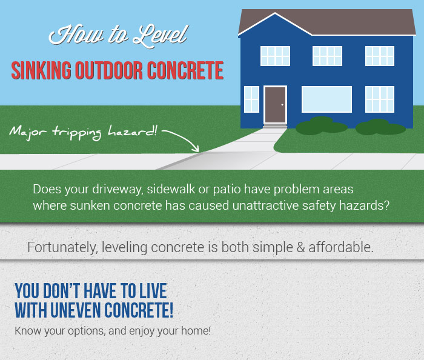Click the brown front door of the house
pos(275,105)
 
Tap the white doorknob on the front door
pos(282,105)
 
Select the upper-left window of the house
pos(275,56)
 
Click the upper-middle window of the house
pos(327,56)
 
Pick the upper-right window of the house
pos(380,56)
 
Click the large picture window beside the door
pos(326,99)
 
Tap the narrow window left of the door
pos(251,99)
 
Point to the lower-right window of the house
pos(380,99)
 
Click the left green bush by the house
pos(321,126)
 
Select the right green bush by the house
pos(380,127)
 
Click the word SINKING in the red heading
pos(41,70)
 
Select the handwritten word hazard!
pos(133,131)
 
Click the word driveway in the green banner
pos(117,189)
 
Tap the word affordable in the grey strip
pos(340,247)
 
